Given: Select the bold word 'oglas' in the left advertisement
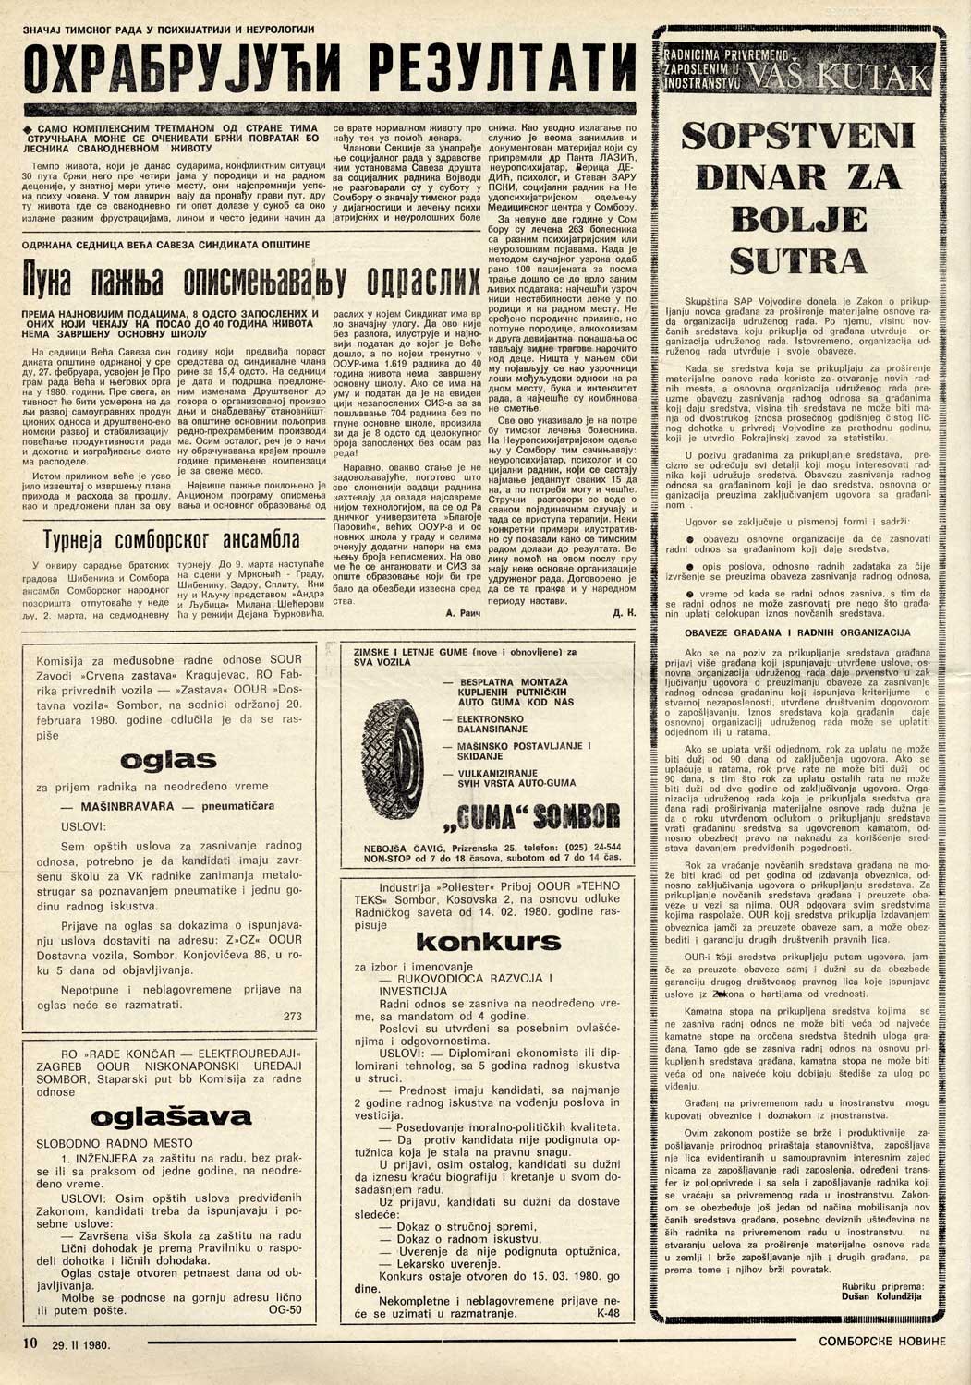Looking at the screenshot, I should pos(169,761).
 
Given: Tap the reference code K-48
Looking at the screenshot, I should pos(609,1312).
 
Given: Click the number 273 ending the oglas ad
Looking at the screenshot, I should pos(293,1016).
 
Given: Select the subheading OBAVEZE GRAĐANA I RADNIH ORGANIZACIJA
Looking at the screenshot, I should pos(797,632).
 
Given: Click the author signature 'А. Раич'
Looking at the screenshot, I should pos(458,612).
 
